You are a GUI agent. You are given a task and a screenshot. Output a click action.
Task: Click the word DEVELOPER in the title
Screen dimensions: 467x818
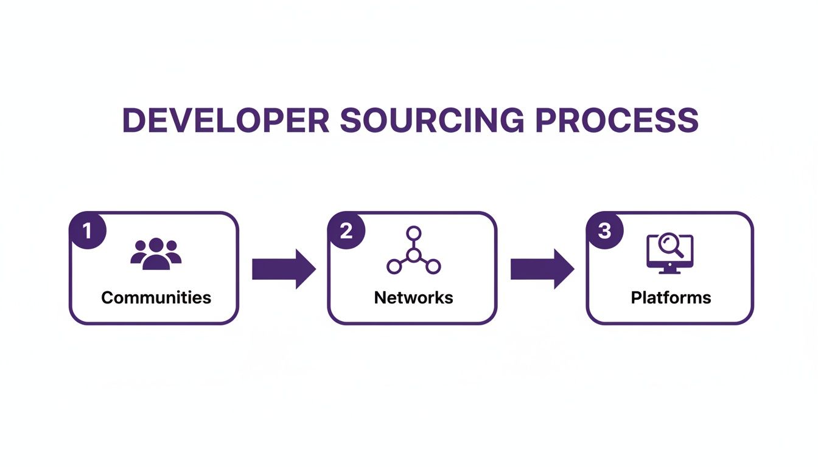click(x=225, y=120)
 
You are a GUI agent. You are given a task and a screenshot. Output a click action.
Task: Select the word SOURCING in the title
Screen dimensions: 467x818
click(x=432, y=120)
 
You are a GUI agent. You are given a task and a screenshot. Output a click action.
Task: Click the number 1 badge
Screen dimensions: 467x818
click(x=87, y=232)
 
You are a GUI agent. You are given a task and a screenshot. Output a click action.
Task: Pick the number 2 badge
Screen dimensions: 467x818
click(x=346, y=232)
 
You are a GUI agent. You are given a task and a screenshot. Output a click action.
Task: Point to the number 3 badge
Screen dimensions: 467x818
click(x=604, y=232)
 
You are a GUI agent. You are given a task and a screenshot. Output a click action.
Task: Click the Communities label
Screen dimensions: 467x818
click(x=156, y=297)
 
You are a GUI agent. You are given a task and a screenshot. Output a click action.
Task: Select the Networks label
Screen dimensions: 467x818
click(x=413, y=297)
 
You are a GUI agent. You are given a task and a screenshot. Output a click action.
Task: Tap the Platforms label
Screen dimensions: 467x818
click(x=671, y=297)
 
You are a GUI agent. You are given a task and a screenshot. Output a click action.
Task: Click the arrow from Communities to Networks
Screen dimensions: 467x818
click(x=284, y=268)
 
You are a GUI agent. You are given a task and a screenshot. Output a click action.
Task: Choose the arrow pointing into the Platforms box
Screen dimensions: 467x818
click(x=542, y=268)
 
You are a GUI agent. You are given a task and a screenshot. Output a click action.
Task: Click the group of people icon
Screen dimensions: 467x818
click(x=156, y=254)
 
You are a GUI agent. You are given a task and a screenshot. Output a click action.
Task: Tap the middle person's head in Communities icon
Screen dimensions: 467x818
click(x=156, y=244)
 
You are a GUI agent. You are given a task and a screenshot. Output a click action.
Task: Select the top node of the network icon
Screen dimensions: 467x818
click(x=414, y=233)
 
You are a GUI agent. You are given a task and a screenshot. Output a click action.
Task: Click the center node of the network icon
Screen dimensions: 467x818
click(x=414, y=255)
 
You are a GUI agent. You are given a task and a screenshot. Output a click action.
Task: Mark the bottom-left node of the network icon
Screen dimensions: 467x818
click(x=394, y=266)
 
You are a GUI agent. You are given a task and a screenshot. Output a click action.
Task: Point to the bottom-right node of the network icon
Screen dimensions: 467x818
click(x=433, y=266)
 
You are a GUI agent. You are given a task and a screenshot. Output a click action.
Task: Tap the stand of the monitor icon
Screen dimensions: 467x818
click(x=669, y=269)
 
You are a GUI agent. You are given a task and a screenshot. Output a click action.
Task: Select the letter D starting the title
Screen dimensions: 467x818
click(x=135, y=120)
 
